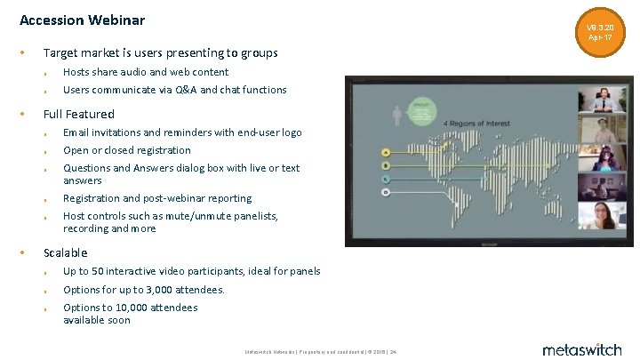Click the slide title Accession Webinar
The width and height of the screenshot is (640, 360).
(82, 20)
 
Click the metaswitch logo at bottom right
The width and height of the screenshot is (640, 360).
(581, 349)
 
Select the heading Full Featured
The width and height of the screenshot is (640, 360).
(79, 114)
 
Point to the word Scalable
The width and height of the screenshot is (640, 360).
(66, 252)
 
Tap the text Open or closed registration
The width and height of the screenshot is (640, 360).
(127, 150)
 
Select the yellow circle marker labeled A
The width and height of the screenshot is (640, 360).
(385, 152)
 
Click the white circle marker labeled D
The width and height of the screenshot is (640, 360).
(385, 191)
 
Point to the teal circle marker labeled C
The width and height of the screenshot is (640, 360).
(385, 178)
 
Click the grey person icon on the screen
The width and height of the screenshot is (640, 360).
(396, 116)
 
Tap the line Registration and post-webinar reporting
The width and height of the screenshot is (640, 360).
(157, 198)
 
